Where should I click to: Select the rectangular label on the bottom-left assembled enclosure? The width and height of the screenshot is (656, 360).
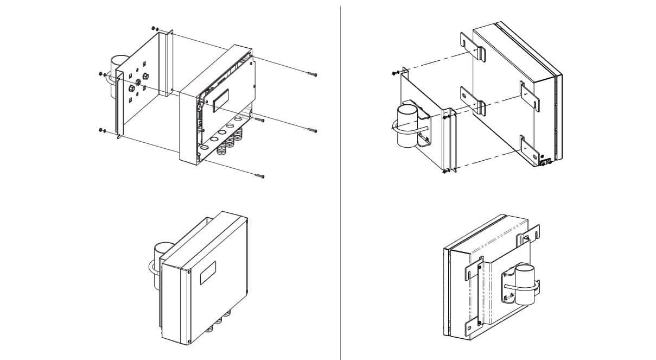click(x=208, y=273)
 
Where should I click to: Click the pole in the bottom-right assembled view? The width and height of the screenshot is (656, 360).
click(x=525, y=285)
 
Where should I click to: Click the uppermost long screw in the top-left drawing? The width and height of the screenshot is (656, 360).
click(x=311, y=74)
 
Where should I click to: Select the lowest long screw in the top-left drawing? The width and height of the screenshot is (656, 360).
click(x=259, y=176)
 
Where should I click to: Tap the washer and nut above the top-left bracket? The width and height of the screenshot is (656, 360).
click(x=155, y=28)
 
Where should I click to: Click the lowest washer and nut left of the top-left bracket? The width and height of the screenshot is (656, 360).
click(x=101, y=130)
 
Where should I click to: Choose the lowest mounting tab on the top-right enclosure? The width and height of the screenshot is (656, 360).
click(x=527, y=147)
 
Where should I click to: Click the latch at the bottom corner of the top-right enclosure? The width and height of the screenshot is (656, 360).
click(x=544, y=160)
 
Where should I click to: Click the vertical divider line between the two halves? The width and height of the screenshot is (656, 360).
click(x=341, y=180)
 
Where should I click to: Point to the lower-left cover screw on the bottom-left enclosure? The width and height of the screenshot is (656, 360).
click(x=188, y=341)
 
